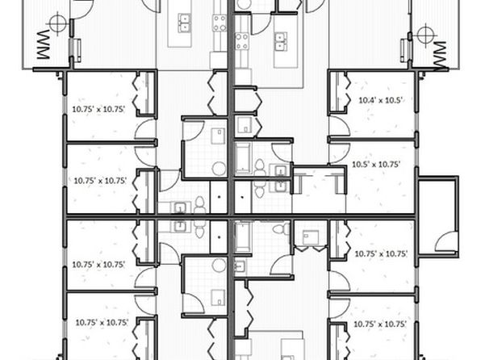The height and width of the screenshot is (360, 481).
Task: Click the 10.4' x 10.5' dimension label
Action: (x=380, y=100)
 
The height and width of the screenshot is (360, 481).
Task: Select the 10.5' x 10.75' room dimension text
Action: (x=376, y=164)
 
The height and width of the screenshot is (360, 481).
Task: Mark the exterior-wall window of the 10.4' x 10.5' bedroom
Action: (x=416, y=122)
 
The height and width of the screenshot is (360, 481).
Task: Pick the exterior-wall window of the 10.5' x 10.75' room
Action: (x=416, y=157)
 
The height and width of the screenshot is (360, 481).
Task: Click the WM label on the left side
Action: (x=44, y=44)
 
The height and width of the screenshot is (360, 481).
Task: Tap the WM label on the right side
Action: (x=439, y=54)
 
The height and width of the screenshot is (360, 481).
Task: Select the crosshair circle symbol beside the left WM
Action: (x=57, y=23)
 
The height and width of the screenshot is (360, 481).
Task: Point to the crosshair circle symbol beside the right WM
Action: (x=425, y=35)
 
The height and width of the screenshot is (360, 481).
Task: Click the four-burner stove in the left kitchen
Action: (x=220, y=23)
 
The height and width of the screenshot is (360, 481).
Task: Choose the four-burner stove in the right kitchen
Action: (x=242, y=41)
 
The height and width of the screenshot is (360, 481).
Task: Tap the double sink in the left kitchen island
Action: (x=184, y=23)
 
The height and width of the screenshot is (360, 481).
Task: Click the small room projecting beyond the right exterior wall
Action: (x=438, y=216)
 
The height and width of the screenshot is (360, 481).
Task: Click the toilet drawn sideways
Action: (x=282, y=229)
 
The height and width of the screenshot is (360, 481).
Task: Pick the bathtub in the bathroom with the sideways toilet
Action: (x=243, y=237)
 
